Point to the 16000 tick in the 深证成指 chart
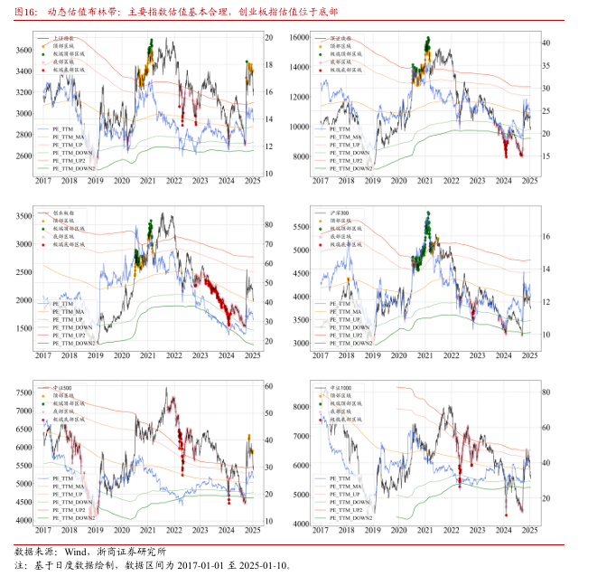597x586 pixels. tap(299, 38)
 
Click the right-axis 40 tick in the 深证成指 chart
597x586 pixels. tap(545, 43)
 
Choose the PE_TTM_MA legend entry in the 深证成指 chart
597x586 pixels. tap(347, 137)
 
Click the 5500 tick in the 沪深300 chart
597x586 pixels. tap(301, 226)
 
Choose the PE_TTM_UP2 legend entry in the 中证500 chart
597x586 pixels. tap(72, 511)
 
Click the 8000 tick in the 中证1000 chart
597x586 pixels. tap(301, 408)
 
